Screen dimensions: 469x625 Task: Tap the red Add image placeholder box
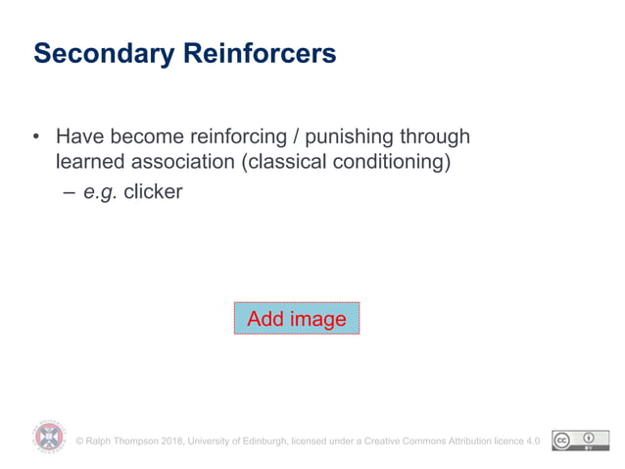point(296,319)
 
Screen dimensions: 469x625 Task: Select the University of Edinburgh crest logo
point(49,436)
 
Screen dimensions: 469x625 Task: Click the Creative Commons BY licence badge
point(574,441)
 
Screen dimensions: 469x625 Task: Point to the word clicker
point(153,192)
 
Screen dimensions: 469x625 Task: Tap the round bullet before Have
point(37,136)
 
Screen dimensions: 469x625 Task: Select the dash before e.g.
point(69,192)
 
